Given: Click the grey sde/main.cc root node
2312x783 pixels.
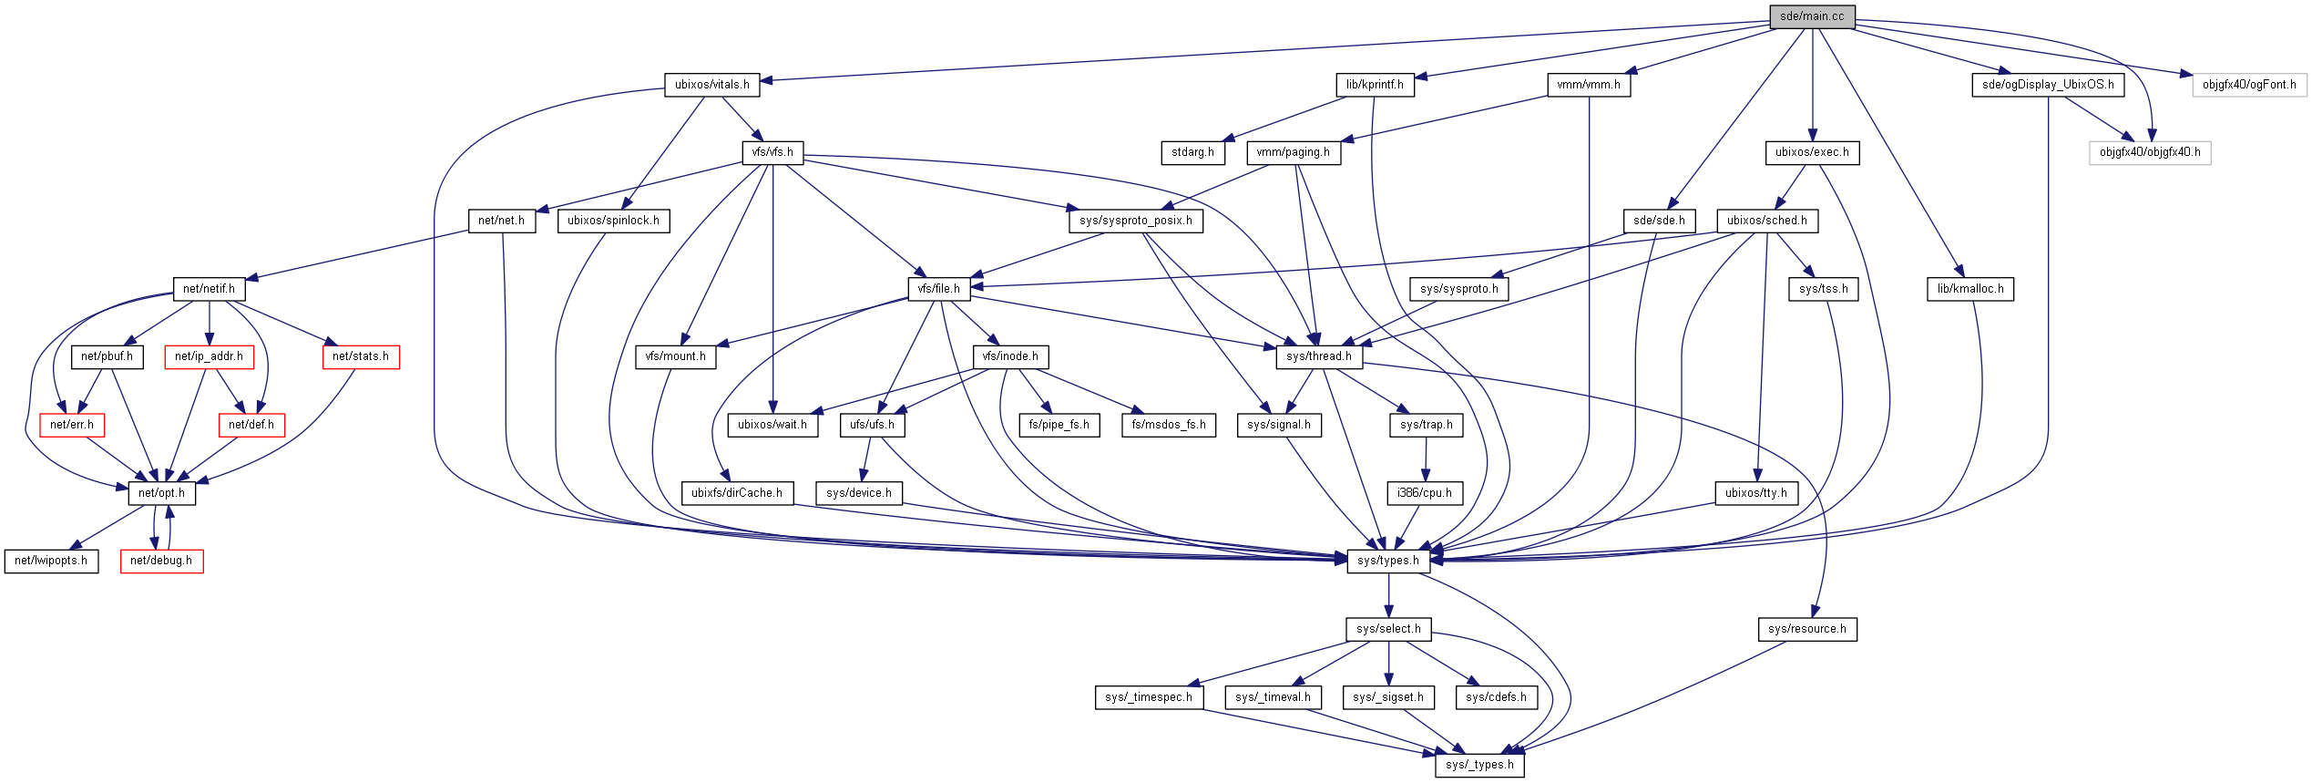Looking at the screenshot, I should [x=1812, y=16].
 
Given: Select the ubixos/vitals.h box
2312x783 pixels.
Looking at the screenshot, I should [x=712, y=85].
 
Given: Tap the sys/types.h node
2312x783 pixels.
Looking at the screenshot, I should [x=1388, y=561].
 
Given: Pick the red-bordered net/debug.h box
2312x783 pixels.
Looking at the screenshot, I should [x=161, y=561].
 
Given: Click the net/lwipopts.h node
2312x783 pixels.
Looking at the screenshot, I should [x=51, y=561].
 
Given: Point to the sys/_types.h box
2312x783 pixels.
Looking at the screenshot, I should [x=1479, y=765].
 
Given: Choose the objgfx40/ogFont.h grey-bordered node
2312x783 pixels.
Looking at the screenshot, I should [x=2249, y=85].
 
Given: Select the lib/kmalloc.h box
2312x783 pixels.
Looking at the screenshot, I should [x=1970, y=289].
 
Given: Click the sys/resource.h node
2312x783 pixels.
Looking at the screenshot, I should [x=1807, y=629].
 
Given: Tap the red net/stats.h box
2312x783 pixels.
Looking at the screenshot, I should [x=361, y=356].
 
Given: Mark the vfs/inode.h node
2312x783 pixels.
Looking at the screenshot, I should [x=1010, y=356].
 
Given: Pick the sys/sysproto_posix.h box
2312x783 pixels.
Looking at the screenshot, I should [x=1136, y=221].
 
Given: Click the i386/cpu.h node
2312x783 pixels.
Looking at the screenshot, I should [x=1425, y=493].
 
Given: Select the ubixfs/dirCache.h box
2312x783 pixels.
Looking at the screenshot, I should [x=737, y=493].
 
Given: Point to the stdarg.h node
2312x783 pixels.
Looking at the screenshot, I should [x=1192, y=152].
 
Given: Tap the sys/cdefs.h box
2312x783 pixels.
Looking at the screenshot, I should [x=1497, y=697].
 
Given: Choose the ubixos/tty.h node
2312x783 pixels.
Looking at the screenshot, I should [x=1756, y=493].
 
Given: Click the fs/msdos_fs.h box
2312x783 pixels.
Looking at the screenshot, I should [x=1169, y=425].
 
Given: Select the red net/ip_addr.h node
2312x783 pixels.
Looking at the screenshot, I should [x=209, y=356].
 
